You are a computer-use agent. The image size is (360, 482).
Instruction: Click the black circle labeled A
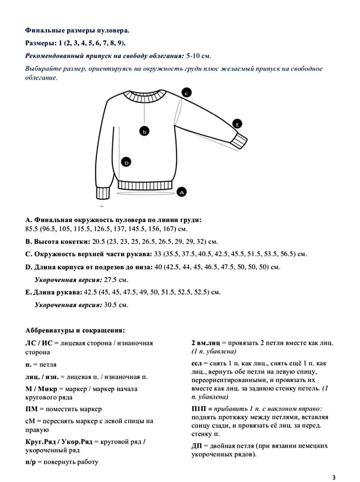coord(182,192)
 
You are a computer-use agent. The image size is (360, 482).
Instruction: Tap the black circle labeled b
coord(144,131)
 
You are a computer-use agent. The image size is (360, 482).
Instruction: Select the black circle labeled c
coord(186,92)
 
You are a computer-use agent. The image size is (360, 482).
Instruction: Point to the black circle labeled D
coord(127,162)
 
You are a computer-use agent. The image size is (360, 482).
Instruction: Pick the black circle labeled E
coord(237,124)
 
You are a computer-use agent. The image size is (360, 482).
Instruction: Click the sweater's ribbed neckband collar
coord(144,96)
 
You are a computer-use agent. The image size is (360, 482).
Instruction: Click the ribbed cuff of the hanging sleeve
coord(102,193)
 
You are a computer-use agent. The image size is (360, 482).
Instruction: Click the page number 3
coord(334,477)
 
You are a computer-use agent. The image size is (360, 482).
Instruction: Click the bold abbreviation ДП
coord(197,446)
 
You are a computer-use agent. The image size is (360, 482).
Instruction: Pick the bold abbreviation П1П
coord(199,409)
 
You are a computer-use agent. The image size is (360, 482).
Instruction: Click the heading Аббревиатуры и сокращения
coord(75,331)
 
